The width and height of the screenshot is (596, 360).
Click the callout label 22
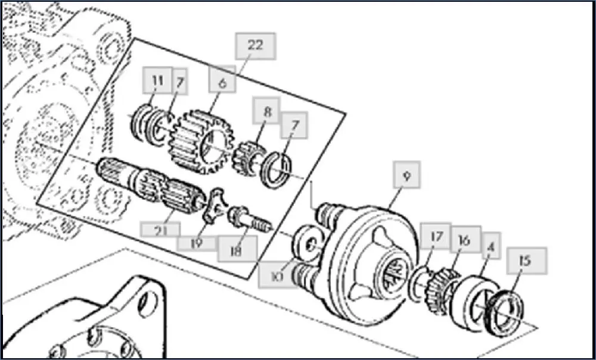[255, 46]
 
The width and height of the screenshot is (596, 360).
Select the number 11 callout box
[157, 81]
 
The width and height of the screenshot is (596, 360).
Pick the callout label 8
[266, 111]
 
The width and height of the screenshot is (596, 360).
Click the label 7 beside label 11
[179, 81]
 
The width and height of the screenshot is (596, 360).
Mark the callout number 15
[524, 261]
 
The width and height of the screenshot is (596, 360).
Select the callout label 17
[436, 236]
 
